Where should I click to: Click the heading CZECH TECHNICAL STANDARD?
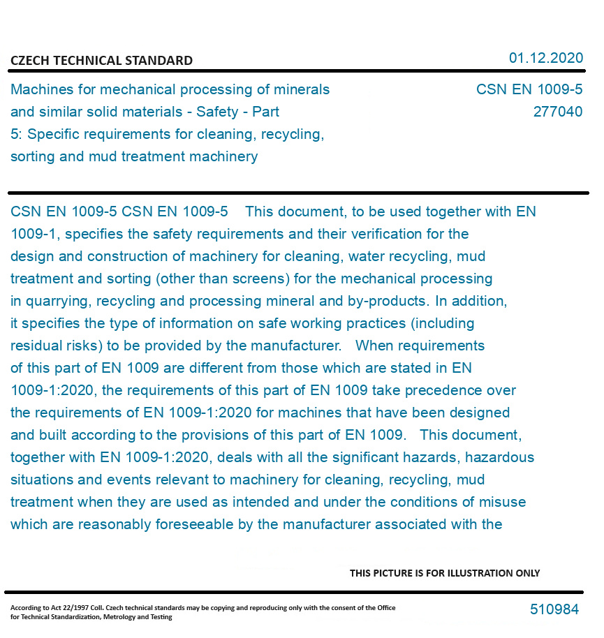click(x=101, y=61)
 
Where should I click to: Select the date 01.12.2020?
click(x=545, y=58)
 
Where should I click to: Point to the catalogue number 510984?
click(x=554, y=609)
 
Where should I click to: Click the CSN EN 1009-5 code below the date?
click(x=529, y=89)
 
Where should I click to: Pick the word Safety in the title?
click(x=217, y=112)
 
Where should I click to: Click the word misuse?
click(x=503, y=502)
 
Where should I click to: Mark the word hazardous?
click(x=499, y=457)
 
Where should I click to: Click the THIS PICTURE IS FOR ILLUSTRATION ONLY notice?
click(x=445, y=573)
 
